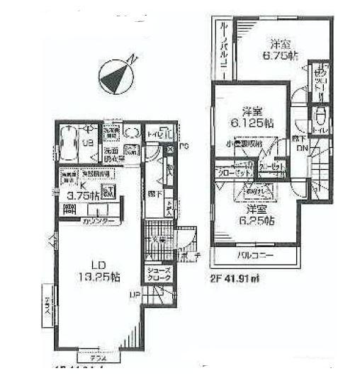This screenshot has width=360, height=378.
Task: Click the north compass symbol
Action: pos(116,74)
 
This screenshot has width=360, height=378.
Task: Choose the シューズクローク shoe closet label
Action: pos(157,275)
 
